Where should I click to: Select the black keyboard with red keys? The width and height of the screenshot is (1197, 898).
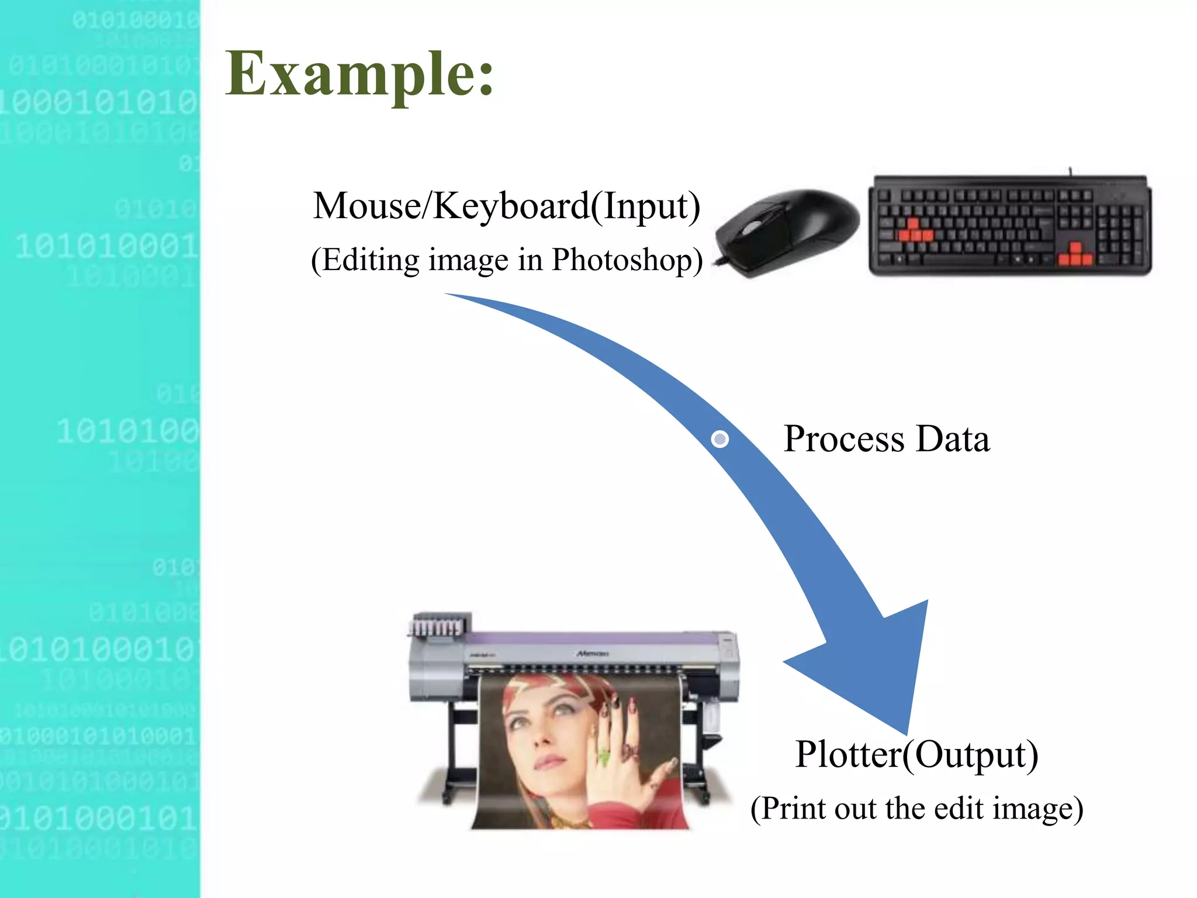1009,225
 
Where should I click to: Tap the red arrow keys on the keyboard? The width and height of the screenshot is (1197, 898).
1075,255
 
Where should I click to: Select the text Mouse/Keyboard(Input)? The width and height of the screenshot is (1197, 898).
506,206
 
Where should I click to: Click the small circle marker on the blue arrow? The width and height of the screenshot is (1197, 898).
720,438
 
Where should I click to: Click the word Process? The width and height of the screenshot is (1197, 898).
845,438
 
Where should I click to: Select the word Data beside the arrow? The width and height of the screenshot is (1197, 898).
953,438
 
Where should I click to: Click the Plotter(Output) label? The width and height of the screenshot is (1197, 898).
916,754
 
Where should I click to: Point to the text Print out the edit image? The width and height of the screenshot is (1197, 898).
916,809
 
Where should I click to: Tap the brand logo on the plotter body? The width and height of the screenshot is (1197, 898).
591,653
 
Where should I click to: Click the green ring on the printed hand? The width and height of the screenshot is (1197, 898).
603,758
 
